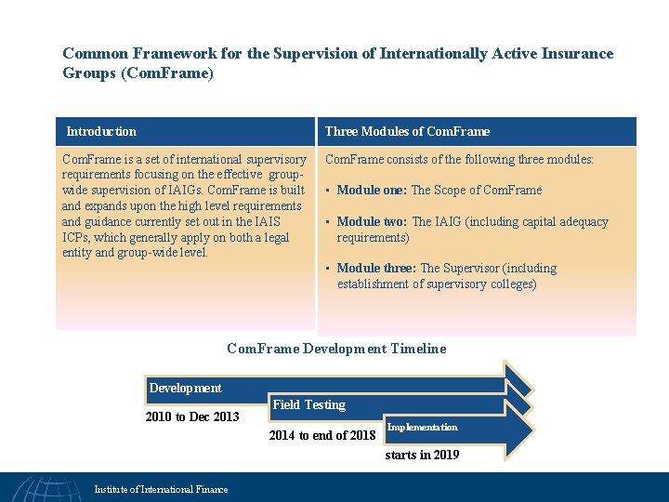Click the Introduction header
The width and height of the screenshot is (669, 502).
click(x=101, y=132)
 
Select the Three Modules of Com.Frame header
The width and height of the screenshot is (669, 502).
click(x=407, y=132)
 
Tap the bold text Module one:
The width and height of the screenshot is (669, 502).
click(x=372, y=191)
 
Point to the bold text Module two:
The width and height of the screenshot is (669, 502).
click(x=373, y=222)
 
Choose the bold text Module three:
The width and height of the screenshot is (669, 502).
click(x=376, y=269)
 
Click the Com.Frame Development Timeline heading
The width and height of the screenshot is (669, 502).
click(x=336, y=349)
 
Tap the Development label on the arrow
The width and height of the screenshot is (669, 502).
click(x=186, y=388)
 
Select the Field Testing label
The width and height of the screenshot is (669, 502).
click(x=308, y=405)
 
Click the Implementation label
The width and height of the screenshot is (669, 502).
click(x=422, y=428)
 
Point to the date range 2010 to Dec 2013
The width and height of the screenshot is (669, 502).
click(x=192, y=416)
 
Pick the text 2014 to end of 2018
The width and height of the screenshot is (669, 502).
click(x=321, y=435)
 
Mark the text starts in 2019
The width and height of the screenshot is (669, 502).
click(x=422, y=455)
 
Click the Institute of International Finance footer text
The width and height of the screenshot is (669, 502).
click(x=161, y=489)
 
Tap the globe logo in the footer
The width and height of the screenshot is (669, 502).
click(x=46, y=488)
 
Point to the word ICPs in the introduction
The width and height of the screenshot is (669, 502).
click(x=75, y=237)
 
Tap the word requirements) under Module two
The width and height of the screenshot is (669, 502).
click(x=373, y=238)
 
